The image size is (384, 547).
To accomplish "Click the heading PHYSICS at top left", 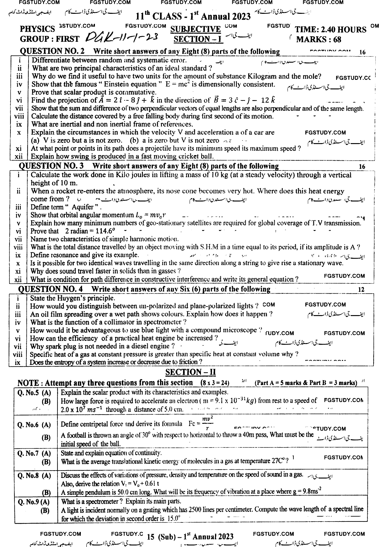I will pyautogui.click(x=37, y=29).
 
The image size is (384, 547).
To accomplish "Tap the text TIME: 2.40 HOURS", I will pyautogui.click(x=331, y=29).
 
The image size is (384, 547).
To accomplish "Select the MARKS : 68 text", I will pyautogui.click(x=319, y=39).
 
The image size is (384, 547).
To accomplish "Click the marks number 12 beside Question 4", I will pyautogui.click(x=361, y=289).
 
